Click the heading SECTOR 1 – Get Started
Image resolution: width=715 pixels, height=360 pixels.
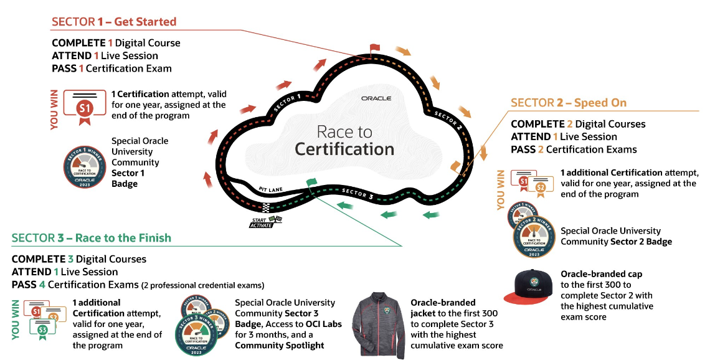pyautogui.click(x=114, y=22)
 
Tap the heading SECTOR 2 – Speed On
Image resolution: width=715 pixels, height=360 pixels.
pyautogui.click(x=569, y=103)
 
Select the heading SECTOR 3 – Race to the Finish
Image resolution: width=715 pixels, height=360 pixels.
pyautogui.click(x=91, y=238)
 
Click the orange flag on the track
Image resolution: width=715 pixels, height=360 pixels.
pyautogui.click(x=455, y=165)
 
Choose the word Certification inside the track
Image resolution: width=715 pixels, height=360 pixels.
pyautogui.click(x=344, y=149)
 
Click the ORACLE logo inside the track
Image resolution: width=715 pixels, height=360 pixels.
pyautogui.click(x=376, y=98)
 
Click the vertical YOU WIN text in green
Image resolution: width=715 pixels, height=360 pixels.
pyautogui.click(x=16, y=318)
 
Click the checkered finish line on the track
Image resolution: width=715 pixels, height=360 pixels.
pyautogui.click(x=267, y=208)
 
